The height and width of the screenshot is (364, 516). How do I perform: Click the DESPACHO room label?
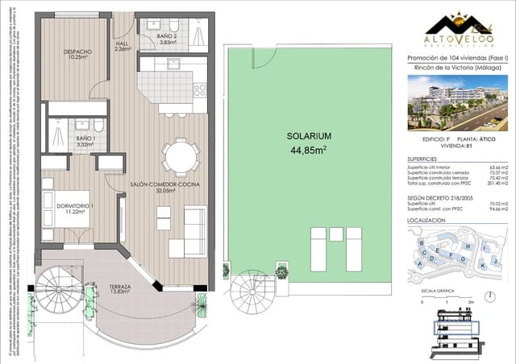[77, 53]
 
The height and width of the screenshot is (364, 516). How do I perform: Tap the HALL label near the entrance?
[123, 45]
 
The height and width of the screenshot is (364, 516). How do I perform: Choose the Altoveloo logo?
[456, 28]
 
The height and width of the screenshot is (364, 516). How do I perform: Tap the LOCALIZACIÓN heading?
[427, 219]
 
